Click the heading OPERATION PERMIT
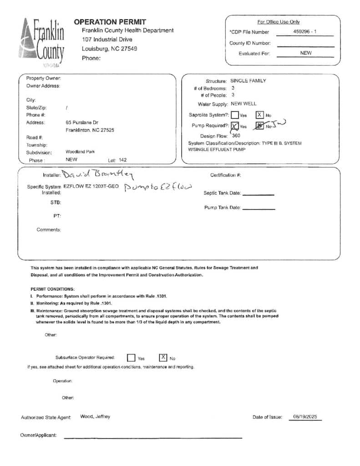click(x=110, y=22)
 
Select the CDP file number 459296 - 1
click(x=305, y=32)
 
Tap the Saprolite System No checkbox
click(x=259, y=115)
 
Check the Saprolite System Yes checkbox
click(x=235, y=116)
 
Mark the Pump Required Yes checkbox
click(x=235, y=126)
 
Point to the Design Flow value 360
click(x=236, y=136)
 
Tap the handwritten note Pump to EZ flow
click(x=158, y=187)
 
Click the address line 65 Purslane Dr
click(x=82, y=123)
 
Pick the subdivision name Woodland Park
click(x=80, y=152)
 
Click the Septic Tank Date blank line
click(x=258, y=194)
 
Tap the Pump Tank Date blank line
click(x=259, y=209)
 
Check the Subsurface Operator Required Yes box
click(x=131, y=358)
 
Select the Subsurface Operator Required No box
click(x=163, y=358)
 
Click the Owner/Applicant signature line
click(x=152, y=437)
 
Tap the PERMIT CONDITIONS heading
click(x=53, y=289)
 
